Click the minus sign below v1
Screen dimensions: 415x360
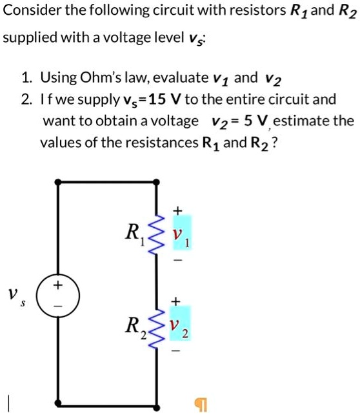[179, 262]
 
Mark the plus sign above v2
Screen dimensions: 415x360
[179, 300]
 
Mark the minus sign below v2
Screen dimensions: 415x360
[179, 352]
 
